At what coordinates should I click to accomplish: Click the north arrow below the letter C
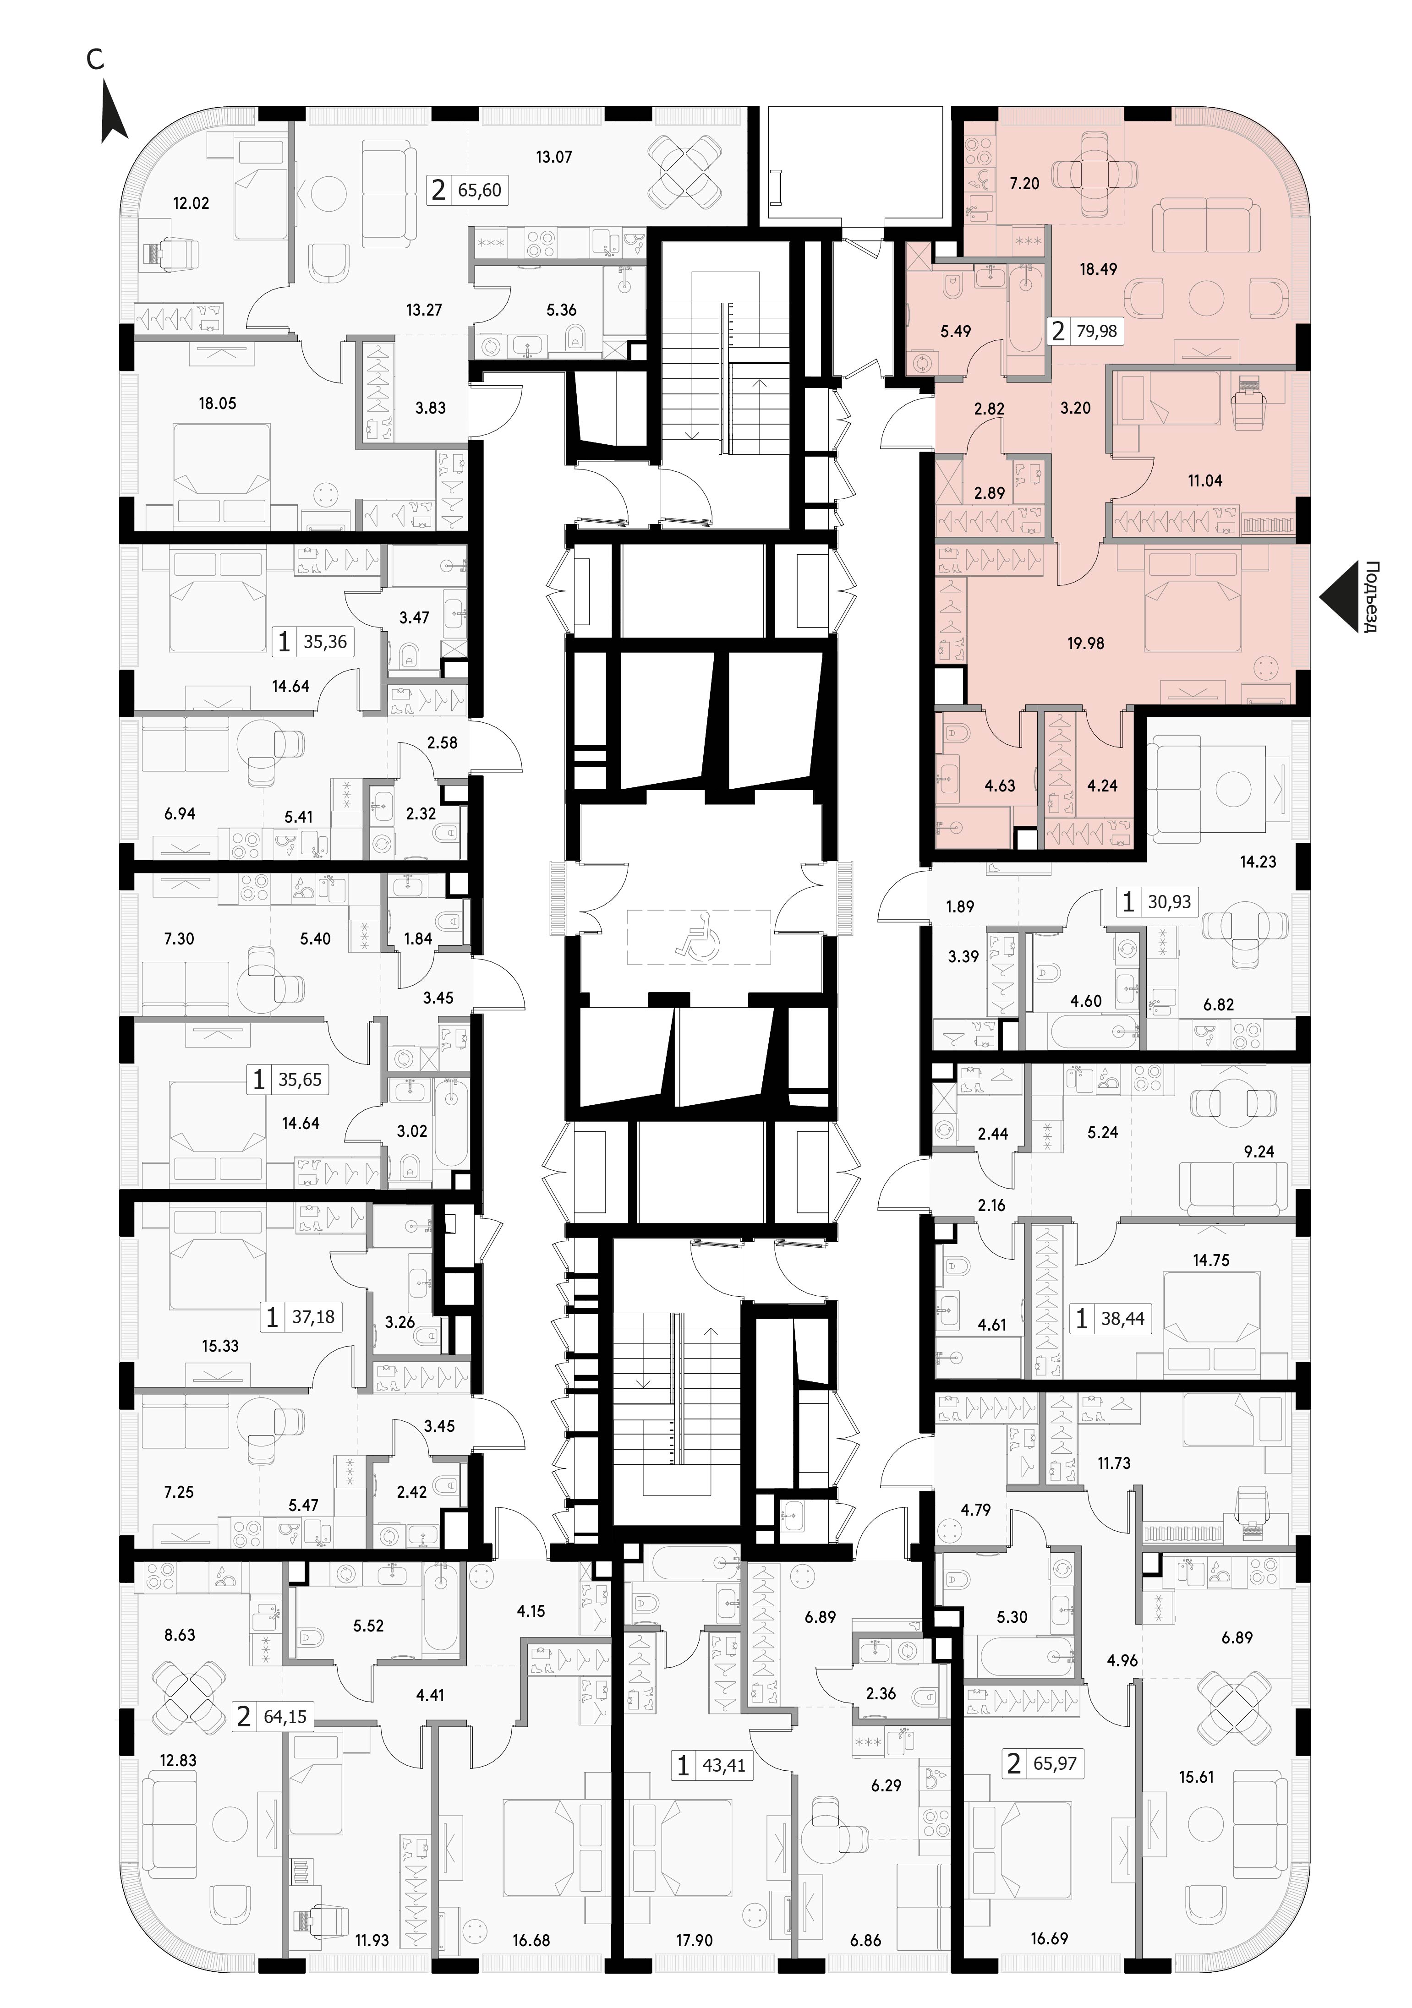point(115,112)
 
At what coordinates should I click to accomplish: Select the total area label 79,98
point(1098,332)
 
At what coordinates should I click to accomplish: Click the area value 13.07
point(554,158)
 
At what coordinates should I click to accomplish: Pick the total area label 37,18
point(313,1316)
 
